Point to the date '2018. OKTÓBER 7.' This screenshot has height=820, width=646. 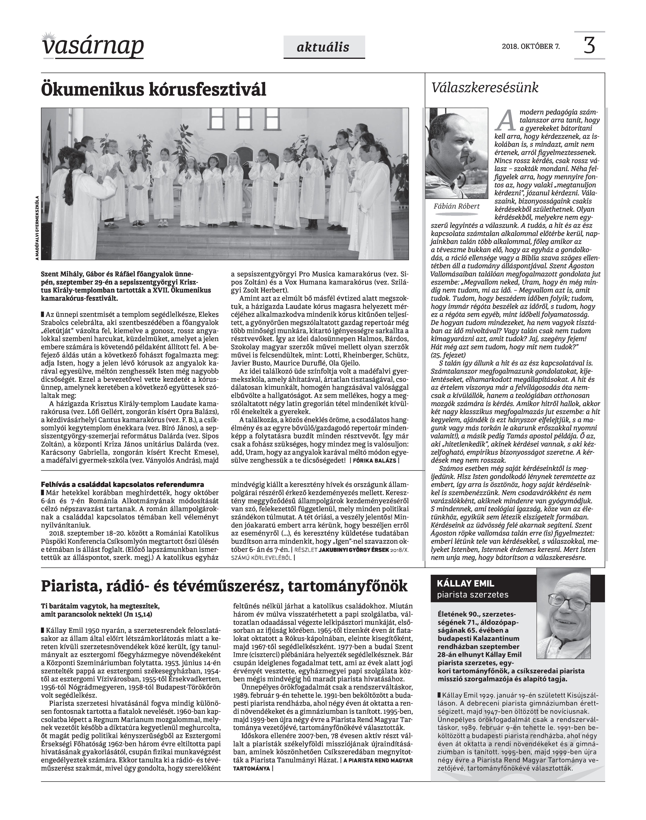(x=531, y=47)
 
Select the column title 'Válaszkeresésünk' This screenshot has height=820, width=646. (x=485, y=88)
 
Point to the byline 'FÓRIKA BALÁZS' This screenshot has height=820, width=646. (x=374, y=461)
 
